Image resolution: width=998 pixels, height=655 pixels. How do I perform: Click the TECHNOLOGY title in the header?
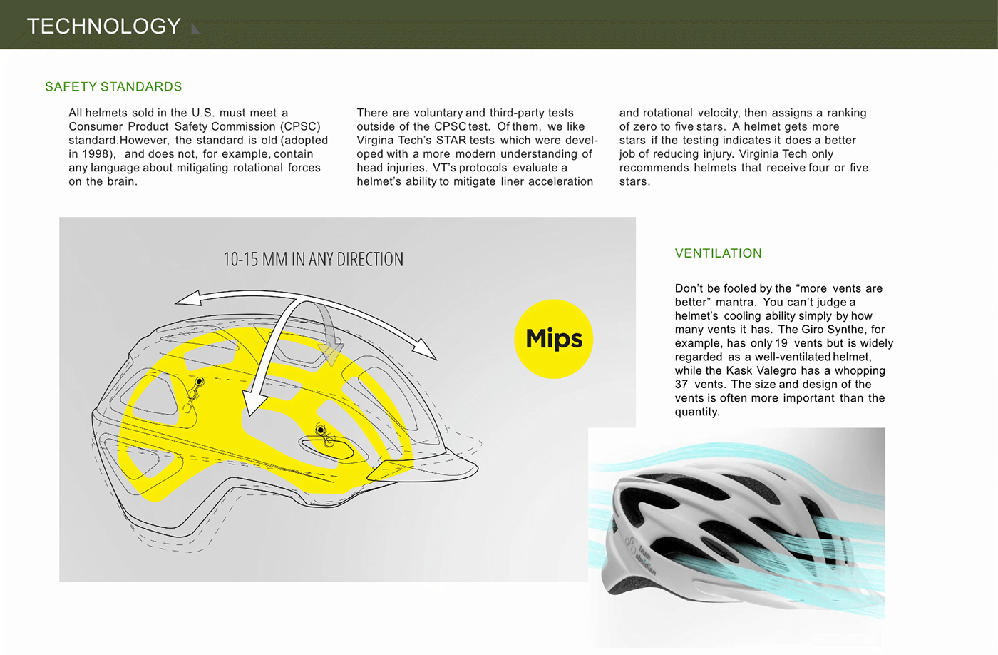pyautogui.click(x=104, y=26)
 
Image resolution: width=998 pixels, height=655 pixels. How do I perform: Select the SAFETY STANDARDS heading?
pyautogui.click(x=113, y=86)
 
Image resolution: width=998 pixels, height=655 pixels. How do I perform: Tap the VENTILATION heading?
pyautogui.click(x=719, y=253)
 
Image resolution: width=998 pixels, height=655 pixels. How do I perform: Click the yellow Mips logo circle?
pyautogui.click(x=554, y=339)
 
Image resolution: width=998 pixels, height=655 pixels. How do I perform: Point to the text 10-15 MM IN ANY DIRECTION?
pyautogui.click(x=313, y=259)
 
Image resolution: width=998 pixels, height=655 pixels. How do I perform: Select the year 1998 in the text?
pyautogui.click(x=96, y=154)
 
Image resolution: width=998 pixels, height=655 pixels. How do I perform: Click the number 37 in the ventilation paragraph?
pyautogui.click(x=681, y=385)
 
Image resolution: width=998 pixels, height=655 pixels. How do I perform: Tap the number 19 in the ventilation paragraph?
pyautogui.click(x=781, y=343)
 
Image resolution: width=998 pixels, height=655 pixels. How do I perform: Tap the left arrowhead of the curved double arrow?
pyautogui.click(x=188, y=298)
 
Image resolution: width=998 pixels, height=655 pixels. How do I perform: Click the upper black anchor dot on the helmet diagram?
pyautogui.click(x=200, y=382)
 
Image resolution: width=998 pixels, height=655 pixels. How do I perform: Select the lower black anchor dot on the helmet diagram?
pyautogui.click(x=320, y=430)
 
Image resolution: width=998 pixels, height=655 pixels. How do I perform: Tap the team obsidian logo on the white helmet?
pyautogui.click(x=641, y=555)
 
